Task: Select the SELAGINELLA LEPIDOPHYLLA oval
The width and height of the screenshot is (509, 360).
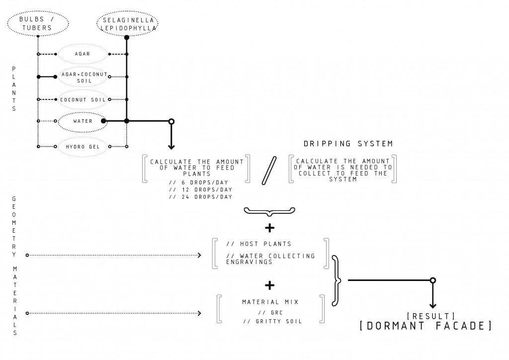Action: (x=127, y=24)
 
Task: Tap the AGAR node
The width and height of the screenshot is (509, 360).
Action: (x=83, y=54)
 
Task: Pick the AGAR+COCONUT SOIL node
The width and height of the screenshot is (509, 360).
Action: (x=83, y=77)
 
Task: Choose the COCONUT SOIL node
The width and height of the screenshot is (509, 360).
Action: (x=83, y=99)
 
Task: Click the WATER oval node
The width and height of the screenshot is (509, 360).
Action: (x=83, y=121)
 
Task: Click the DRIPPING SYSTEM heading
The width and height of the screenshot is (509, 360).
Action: (x=348, y=144)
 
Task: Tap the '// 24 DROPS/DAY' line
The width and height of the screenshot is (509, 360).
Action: (x=200, y=197)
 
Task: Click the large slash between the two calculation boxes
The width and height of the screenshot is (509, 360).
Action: (x=269, y=172)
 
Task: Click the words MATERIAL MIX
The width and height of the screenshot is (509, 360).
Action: (x=270, y=302)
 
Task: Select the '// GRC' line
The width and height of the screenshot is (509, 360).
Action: (x=270, y=313)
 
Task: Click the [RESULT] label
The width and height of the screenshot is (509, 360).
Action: (x=431, y=316)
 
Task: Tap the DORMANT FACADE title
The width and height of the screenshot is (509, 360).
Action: (x=425, y=327)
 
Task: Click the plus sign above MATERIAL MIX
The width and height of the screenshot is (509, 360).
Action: (x=269, y=285)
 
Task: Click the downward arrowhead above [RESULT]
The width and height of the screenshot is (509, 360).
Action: (x=432, y=305)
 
